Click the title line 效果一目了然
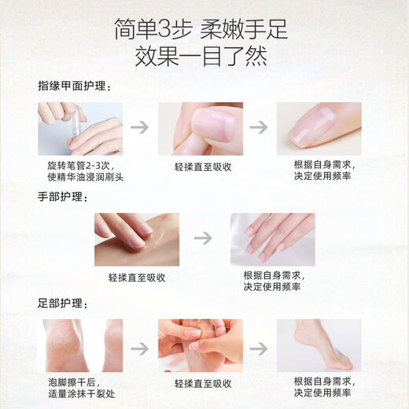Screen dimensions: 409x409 [204, 56]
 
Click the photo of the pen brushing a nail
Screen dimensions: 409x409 [80, 128]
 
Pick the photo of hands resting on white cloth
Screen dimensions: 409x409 [272, 238]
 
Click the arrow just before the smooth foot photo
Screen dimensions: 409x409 [259, 345]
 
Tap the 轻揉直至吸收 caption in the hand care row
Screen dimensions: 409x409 [137, 278]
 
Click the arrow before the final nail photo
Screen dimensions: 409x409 [259, 127]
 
